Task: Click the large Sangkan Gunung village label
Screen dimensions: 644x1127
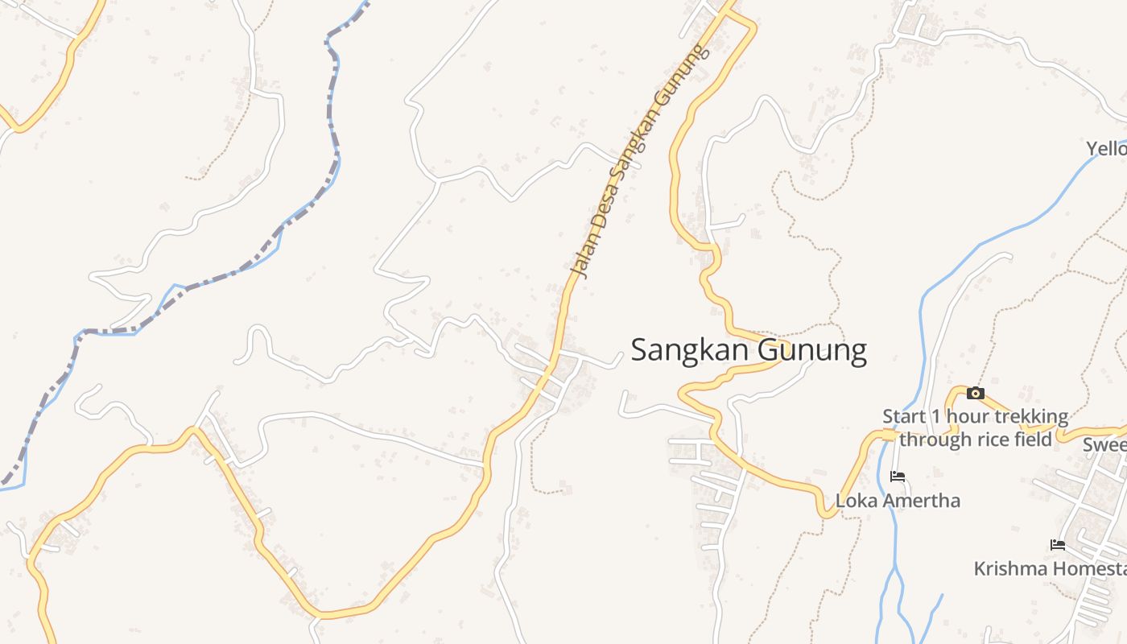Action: pyautogui.click(x=749, y=351)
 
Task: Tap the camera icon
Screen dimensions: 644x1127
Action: pyautogui.click(x=976, y=393)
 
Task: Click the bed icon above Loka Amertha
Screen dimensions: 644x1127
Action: pyautogui.click(x=898, y=477)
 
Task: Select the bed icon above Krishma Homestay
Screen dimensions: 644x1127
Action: pyautogui.click(x=1058, y=545)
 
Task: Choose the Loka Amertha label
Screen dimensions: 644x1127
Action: pyautogui.click(x=898, y=501)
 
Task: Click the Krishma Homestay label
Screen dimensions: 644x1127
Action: pyautogui.click(x=1050, y=569)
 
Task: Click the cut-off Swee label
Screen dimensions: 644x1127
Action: pyautogui.click(x=1104, y=445)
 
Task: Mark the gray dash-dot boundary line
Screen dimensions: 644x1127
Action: pyautogui.click(x=242, y=270)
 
